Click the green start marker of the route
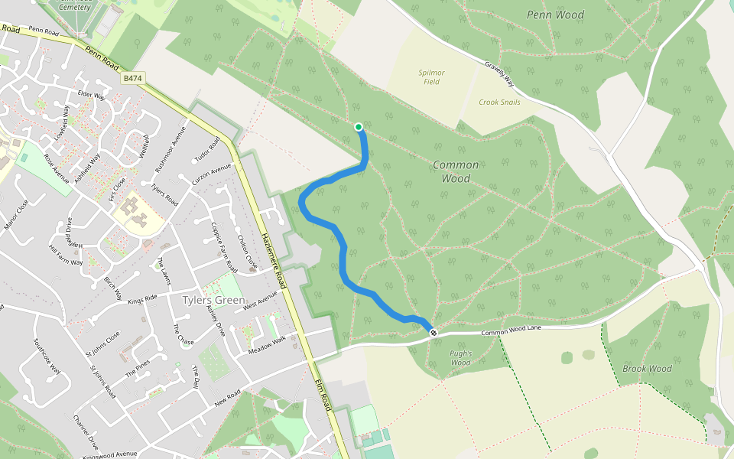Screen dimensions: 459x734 click(x=359, y=127)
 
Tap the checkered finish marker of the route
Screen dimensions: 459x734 click(x=434, y=332)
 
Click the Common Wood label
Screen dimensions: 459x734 click(x=456, y=171)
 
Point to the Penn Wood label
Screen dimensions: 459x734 click(x=555, y=15)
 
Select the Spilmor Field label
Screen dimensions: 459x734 click(x=431, y=77)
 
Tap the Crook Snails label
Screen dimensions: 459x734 click(x=499, y=102)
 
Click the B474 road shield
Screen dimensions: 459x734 click(x=133, y=78)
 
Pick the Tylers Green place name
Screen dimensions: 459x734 click(x=214, y=300)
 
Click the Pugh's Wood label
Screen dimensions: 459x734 click(x=460, y=358)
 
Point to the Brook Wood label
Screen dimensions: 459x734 click(x=647, y=369)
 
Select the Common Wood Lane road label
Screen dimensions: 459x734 click(x=521, y=330)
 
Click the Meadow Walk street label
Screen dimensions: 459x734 click(x=266, y=345)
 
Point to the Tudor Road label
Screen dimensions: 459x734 click(x=207, y=150)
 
